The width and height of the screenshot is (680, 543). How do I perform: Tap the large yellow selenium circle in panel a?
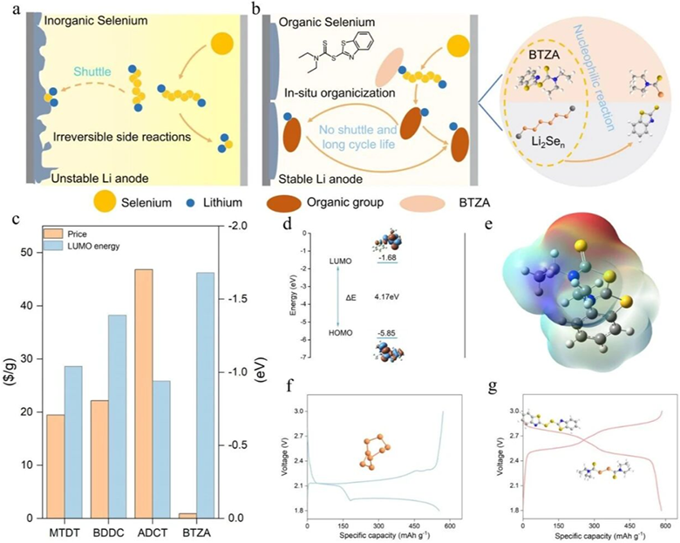pos(221,42)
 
